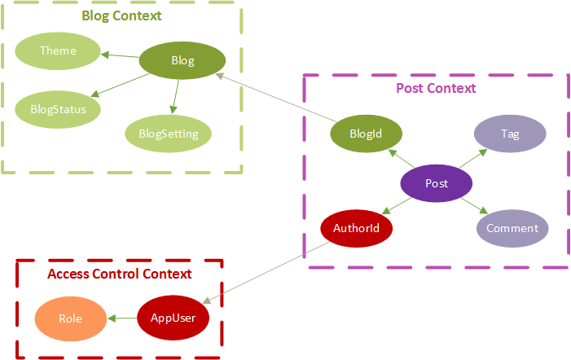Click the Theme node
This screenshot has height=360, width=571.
tap(58, 50)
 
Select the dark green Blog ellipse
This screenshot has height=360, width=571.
tap(182, 60)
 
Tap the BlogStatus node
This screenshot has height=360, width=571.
tap(52, 107)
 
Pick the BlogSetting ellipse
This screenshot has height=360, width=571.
tap(168, 134)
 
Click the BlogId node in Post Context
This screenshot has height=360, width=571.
tap(366, 134)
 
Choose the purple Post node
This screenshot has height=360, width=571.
tap(437, 183)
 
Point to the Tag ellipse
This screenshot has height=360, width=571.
tap(510, 134)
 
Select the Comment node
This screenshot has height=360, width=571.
tap(512, 228)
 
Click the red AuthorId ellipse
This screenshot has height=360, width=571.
tap(357, 227)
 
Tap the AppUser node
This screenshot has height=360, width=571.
tap(173, 318)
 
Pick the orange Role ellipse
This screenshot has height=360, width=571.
tap(71, 318)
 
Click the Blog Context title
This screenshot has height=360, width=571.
tap(121, 15)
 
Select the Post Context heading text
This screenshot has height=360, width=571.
tap(436, 87)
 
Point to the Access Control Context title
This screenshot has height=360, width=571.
tap(120, 274)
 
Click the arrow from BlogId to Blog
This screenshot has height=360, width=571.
tap(277, 98)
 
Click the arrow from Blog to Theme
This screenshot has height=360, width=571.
tap(121, 55)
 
